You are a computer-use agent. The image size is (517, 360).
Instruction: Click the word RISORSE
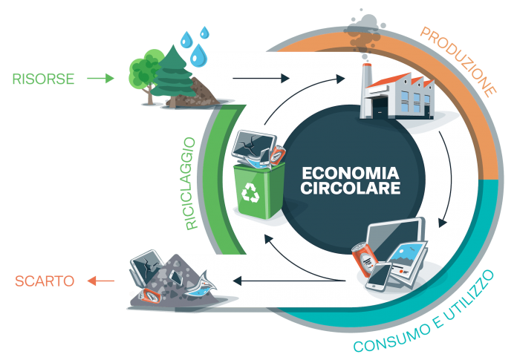click(43, 79)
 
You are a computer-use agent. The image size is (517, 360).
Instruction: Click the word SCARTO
click(45, 281)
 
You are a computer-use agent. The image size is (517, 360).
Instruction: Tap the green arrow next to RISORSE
click(100, 79)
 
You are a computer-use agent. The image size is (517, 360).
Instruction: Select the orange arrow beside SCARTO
click(100, 281)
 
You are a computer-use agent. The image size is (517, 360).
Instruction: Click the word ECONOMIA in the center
click(351, 173)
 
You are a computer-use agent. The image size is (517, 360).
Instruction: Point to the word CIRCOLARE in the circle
click(351, 189)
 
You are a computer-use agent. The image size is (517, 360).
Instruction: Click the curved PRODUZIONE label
click(458, 61)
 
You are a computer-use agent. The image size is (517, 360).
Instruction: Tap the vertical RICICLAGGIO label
click(191, 183)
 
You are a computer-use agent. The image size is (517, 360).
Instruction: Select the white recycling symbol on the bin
click(250, 193)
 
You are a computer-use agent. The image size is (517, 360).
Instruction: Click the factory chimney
click(367, 89)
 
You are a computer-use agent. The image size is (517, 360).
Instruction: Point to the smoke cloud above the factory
click(365, 31)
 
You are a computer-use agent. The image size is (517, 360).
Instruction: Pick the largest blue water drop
click(198, 55)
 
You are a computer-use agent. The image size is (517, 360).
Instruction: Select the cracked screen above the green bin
click(253, 145)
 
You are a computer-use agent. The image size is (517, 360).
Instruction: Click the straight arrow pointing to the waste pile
click(289, 281)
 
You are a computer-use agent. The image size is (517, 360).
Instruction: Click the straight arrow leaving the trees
click(261, 79)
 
